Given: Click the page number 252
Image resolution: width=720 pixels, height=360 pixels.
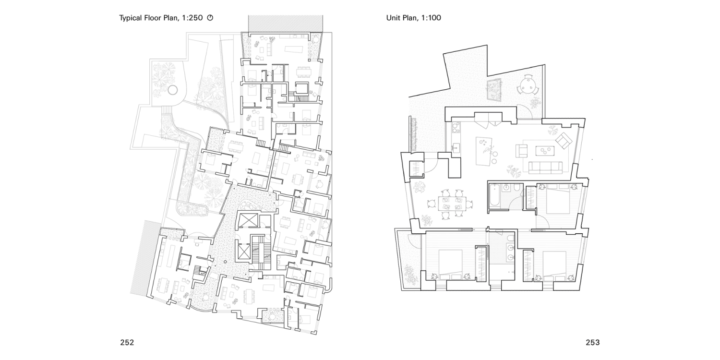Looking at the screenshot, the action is coord(127,343).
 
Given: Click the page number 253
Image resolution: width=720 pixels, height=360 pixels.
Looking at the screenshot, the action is coord(592,343).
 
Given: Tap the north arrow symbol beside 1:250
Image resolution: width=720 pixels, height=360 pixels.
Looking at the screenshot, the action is coord(210,18).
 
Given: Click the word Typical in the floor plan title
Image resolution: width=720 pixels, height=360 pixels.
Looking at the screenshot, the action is coord(131,18).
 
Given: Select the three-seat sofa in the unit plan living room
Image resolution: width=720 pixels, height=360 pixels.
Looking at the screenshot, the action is coord(545,167).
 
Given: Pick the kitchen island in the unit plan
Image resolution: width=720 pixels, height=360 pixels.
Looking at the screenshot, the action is coord(484,151).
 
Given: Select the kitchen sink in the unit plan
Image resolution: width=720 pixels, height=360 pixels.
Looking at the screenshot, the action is coord(456,148).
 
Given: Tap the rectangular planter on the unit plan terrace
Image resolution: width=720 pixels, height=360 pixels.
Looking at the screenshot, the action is coord(494,89).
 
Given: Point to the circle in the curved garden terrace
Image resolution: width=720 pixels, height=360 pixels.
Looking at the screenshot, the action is coord(173,90).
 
